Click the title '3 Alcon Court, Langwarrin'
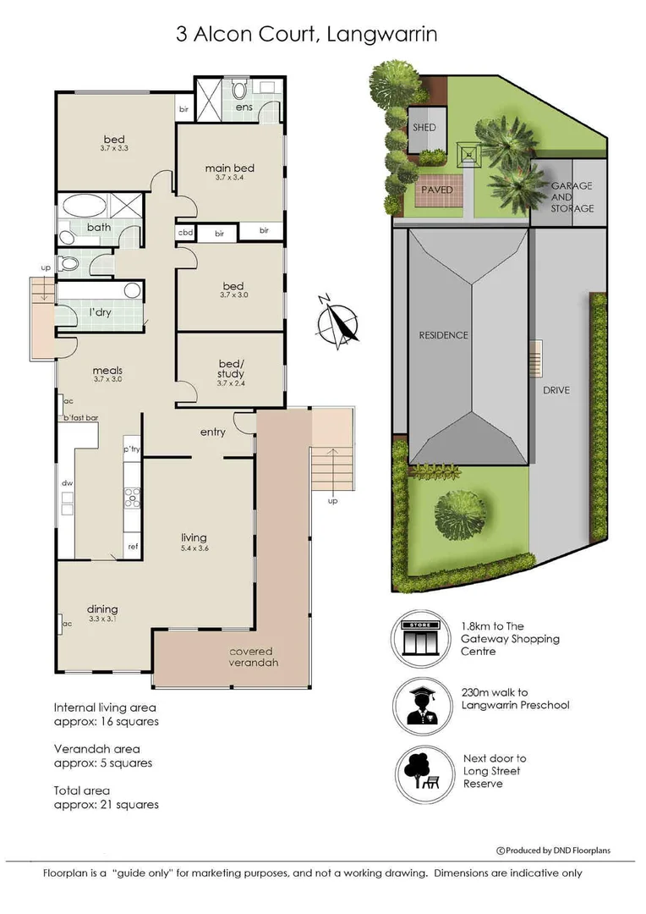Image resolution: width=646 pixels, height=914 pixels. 305,35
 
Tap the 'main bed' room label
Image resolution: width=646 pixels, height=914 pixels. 229,168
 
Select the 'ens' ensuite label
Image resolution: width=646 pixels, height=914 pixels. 244,107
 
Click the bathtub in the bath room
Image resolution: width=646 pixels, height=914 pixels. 83,206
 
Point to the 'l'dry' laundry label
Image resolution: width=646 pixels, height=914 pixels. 101,312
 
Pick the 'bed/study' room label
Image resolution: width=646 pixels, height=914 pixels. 230,369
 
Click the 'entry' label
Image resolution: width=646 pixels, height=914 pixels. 213,432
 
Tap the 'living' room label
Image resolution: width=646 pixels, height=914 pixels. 194,538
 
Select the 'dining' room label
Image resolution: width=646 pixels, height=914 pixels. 102,609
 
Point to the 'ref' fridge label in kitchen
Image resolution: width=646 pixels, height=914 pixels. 133,547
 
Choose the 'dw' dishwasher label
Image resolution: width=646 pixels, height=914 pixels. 66,483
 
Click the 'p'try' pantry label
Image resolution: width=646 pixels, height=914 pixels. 131,449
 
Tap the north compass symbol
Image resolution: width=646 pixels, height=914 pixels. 338,322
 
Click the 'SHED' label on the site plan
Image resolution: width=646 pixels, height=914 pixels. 424,128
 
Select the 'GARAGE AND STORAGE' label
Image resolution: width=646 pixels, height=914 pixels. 572,196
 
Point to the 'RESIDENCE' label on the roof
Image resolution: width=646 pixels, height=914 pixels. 443,335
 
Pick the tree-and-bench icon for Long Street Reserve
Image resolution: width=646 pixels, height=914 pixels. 420,770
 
